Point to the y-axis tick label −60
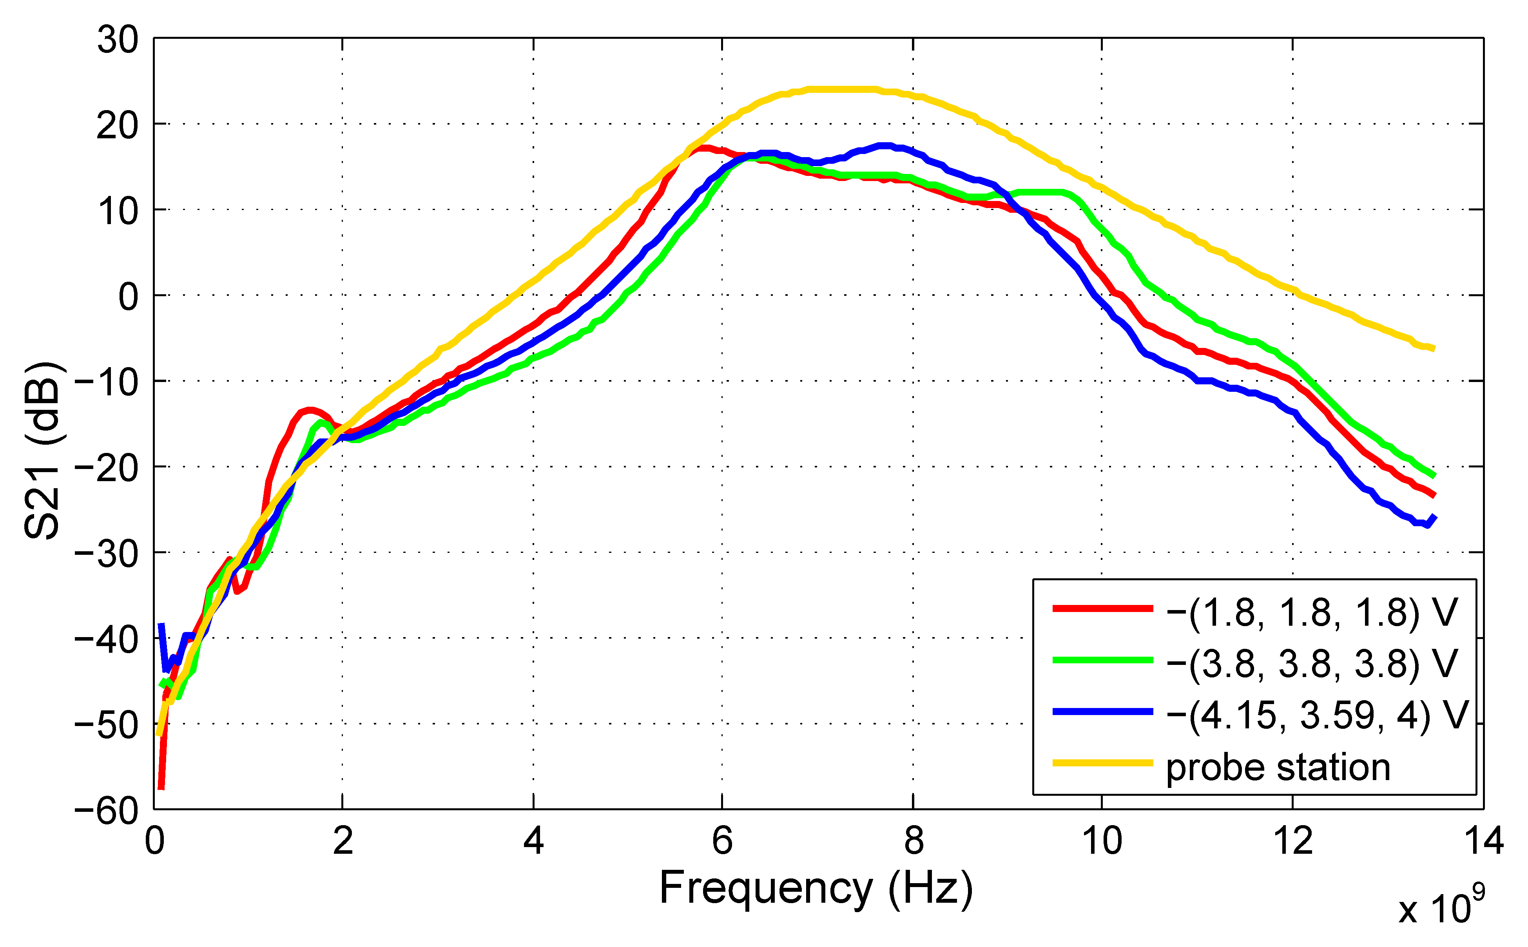pyautogui.click(x=107, y=812)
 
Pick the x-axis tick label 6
pyautogui.click(x=722, y=841)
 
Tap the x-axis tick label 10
pyautogui.click(x=1102, y=841)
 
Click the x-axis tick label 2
pyautogui.click(x=343, y=841)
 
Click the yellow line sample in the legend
pyautogui.click(x=1103, y=763)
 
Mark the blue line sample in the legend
pyautogui.click(x=1103, y=712)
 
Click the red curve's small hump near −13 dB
pyautogui.click(x=310, y=410)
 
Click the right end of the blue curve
pyautogui.click(x=1434, y=517)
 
